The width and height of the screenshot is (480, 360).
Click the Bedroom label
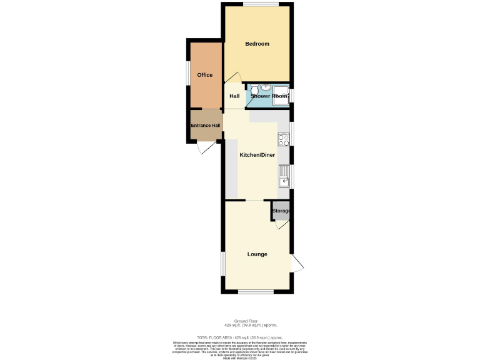[x=257, y=44]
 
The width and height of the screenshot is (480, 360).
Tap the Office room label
[x=205, y=75]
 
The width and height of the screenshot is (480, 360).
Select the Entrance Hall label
[x=206, y=126]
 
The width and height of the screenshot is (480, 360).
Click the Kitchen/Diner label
[x=257, y=155]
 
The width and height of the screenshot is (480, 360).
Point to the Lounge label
[x=257, y=254]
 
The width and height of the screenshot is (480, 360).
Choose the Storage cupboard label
[x=281, y=211]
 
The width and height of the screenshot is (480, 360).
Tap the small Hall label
[x=234, y=96]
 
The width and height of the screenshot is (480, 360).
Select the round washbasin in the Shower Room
[x=266, y=87]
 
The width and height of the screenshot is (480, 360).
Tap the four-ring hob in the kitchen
[x=283, y=140]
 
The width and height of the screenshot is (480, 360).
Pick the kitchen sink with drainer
[x=283, y=176]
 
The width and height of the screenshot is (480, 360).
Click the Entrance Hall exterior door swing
[x=204, y=149]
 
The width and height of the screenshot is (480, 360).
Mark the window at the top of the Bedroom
[x=257, y=5]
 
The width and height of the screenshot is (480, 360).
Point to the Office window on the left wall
[x=188, y=71]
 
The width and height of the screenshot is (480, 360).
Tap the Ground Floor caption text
[x=250, y=321]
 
